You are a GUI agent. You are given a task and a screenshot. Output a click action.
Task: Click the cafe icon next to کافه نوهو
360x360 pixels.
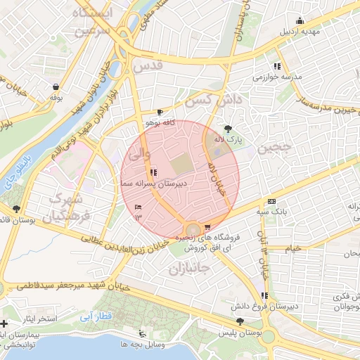(160, 112)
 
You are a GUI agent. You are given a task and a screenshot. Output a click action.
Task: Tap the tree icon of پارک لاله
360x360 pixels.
(228, 129)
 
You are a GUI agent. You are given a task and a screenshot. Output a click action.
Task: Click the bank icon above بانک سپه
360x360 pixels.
(272, 201)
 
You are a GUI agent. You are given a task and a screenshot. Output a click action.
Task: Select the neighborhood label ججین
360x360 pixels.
(273, 148)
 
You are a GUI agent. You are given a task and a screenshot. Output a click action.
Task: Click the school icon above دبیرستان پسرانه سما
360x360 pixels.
(153, 172)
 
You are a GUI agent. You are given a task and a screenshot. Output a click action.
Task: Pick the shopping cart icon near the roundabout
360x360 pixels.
(207, 227)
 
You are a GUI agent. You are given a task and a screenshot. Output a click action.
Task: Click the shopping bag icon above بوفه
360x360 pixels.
(56, 86)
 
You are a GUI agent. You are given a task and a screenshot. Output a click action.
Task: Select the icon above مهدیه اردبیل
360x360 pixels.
(300, 20)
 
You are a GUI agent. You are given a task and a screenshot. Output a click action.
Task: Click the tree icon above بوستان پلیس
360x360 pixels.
(240, 321)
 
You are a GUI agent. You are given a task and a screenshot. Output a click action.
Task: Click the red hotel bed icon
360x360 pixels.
(138, 207)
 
